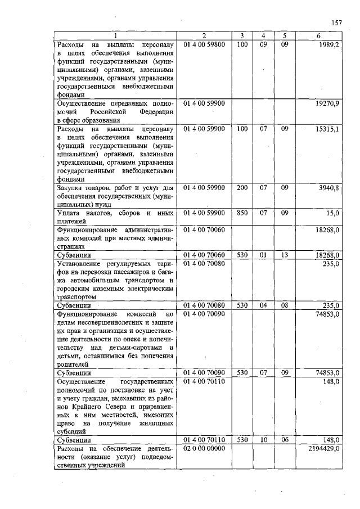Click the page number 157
[x=337, y=22]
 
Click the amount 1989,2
[x=328, y=44]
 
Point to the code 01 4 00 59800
[x=204, y=44]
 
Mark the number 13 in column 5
[x=285, y=255]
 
